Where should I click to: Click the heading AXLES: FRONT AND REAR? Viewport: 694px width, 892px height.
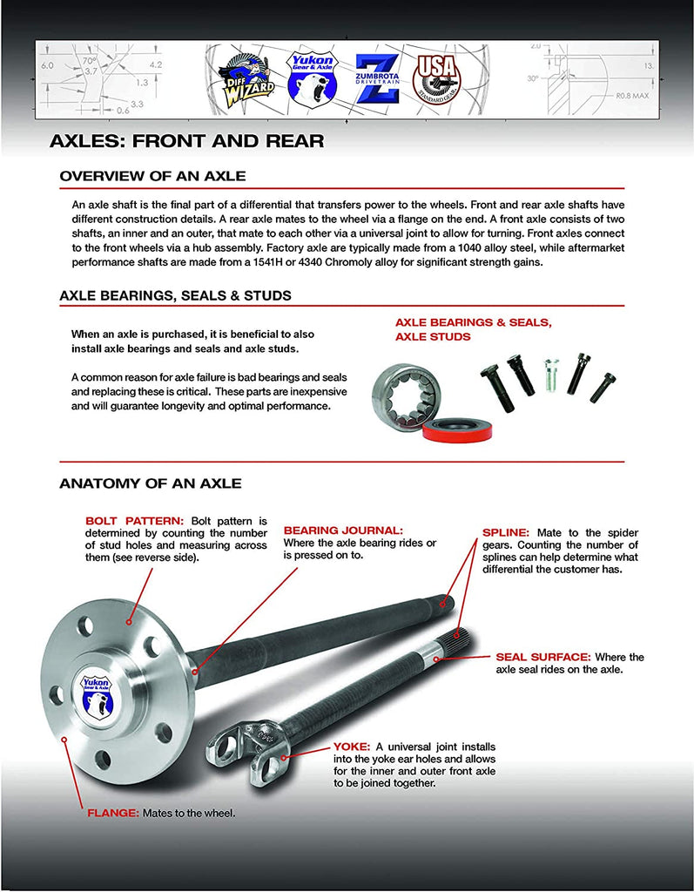coord(186,140)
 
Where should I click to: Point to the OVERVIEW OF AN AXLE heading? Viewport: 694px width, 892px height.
coord(152,176)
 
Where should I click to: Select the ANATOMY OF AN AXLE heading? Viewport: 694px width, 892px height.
coord(151,483)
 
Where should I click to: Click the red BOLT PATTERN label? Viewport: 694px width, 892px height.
coord(134,520)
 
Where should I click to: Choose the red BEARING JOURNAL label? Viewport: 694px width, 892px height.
coord(344,530)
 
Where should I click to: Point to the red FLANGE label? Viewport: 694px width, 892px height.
coord(112,813)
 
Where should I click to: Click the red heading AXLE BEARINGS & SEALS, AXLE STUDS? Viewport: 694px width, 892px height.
coord(473,329)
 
